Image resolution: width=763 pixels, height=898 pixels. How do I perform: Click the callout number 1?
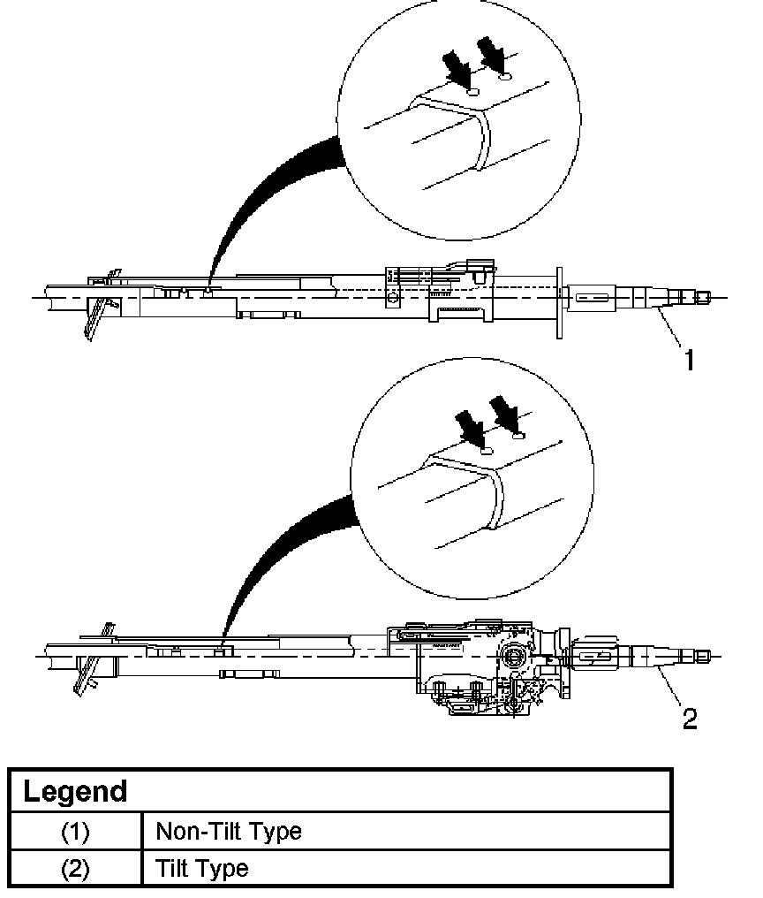click(689, 359)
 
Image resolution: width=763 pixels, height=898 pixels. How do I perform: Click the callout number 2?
click(690, 718)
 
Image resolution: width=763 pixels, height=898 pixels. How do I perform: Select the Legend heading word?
click(75, 790)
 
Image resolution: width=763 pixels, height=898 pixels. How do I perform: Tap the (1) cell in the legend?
click(75, 831)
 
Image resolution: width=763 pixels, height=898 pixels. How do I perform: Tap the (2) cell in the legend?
click(75, 868)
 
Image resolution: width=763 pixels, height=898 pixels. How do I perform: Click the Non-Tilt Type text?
click(229, 831)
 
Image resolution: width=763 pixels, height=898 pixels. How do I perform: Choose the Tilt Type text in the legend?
click(202, 868)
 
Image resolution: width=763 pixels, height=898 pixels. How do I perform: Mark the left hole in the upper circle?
click(472, 90)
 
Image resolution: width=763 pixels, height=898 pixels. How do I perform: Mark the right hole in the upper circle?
click(505, 78)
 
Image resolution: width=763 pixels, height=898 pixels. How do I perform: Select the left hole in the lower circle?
click(485, 450)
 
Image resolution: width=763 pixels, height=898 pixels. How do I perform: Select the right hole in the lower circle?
click(518, 435)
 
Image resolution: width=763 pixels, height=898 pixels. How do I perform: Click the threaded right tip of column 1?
click(702, 297)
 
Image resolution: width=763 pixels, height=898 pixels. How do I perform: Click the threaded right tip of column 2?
click(701, 656)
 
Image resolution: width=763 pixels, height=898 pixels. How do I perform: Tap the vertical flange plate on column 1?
click(559, 301)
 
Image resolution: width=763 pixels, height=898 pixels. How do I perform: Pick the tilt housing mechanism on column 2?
click(477, 663)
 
